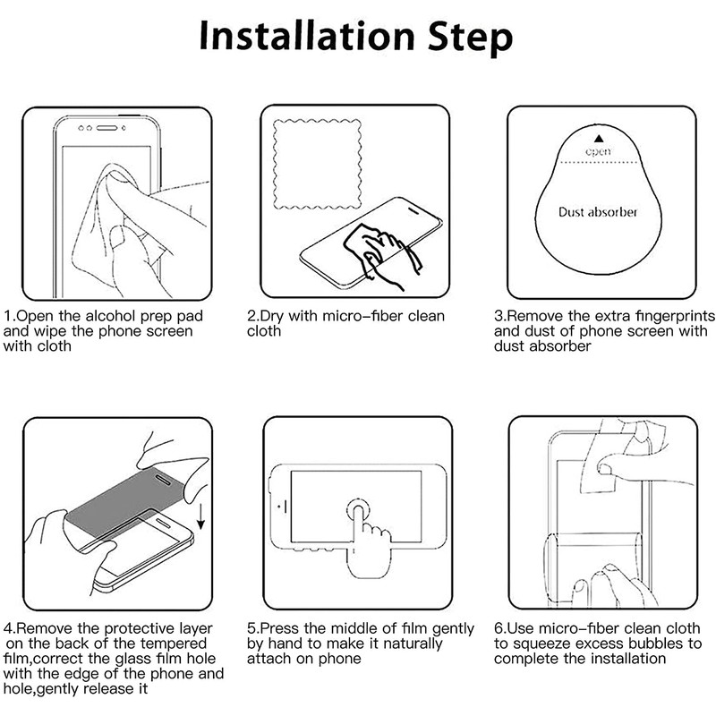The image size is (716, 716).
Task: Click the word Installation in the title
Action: pos(307,36)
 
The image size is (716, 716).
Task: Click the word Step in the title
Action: pos(471,38)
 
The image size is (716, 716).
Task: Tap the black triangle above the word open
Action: pos(599,139)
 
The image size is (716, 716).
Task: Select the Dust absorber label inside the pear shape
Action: pos(598,212)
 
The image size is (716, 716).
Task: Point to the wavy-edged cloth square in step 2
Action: pos(318,164)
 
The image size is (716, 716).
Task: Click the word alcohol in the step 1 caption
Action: pos(110,316)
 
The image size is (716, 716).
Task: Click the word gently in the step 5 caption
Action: pos(453,629)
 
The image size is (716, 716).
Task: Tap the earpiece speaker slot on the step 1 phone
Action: pos(107,128)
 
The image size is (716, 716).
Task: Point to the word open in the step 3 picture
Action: pos(598,151)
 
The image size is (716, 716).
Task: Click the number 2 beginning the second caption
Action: pos(251,316)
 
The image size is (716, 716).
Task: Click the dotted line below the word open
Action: pos(599,162)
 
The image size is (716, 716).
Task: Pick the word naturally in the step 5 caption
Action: pos(413,644)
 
